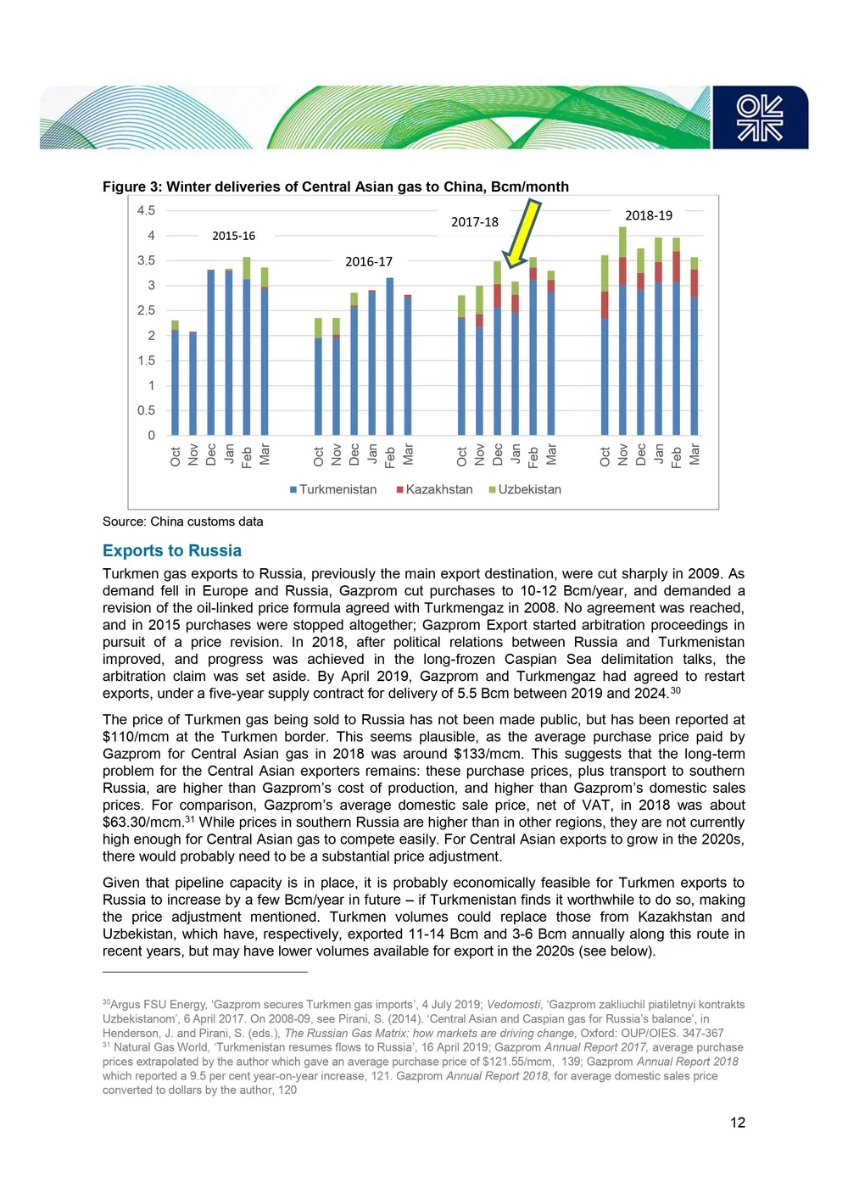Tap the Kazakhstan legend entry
(434, 489)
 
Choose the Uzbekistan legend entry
(525, 489)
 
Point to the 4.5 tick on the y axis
(147, 210)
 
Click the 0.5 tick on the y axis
(147, 410)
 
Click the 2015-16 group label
(233, 236)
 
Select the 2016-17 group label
(369, 262)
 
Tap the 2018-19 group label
(649, 215)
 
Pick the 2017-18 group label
(475, 222)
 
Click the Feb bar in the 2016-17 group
(390, 356)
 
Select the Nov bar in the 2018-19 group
(622, 331)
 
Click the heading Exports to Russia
(172, 551)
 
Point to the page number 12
(738, 1123)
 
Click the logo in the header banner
(760, 118)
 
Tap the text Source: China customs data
(183, 521)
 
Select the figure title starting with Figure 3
(336, 187)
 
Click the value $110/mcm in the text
(136, 737)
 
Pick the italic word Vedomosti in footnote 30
(514, 1005)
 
